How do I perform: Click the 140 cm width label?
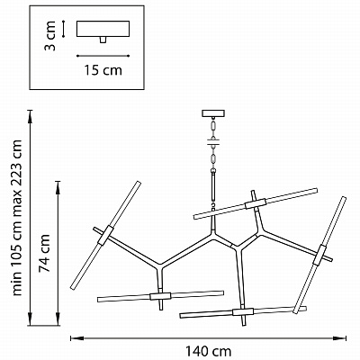208,351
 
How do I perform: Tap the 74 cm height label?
45,253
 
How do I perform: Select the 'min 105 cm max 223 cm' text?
16,218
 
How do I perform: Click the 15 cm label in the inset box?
103,70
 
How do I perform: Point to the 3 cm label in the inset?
50,36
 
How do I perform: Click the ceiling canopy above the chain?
213,113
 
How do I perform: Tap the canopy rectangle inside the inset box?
103,29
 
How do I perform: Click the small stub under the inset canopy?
103,40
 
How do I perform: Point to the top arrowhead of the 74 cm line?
58,185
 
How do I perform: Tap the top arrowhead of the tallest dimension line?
30,114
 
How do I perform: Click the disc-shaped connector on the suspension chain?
213,142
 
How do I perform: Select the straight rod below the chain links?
213,186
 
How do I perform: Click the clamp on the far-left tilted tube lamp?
105,235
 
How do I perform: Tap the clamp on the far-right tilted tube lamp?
319,256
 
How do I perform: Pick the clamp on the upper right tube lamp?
256,203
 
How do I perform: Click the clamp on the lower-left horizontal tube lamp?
160,296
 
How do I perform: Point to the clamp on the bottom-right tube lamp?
243,312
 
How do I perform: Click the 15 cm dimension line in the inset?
103,56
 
